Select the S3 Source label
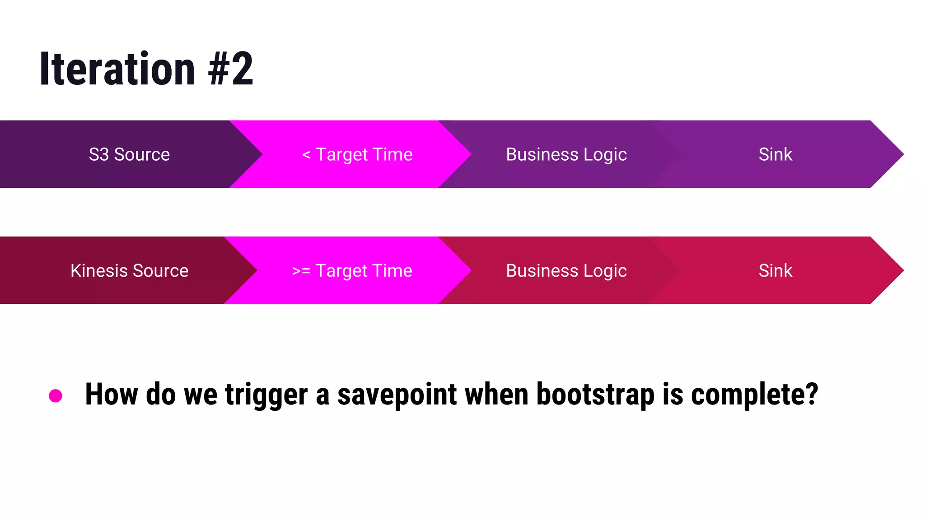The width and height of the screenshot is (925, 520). click(x=129, y=154)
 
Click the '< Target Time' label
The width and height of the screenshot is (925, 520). click(x=357, y=154)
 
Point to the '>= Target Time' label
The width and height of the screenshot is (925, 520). click(x=352, y=271)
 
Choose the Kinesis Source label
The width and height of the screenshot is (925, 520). click(x=129, y=271)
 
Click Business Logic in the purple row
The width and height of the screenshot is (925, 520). click(x=566, y=154)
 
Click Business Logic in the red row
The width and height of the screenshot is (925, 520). click(x=566, y=271)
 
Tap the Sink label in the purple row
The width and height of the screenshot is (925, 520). click(x=775, y=154)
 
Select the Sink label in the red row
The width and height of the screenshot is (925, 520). click(x=775, y=271)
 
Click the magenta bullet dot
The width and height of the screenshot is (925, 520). click(x=56, y=396)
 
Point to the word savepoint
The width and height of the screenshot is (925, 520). click(x=397, y=395)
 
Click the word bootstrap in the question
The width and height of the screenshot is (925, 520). click(x=595, y=395)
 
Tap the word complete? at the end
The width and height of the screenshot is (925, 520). click(x=754, y=395)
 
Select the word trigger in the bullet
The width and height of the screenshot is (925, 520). click(x=266, y=395)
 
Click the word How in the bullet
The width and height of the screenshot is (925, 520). click(x=111, y=395)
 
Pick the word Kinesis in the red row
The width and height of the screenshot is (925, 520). click(x=99, y=271)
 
